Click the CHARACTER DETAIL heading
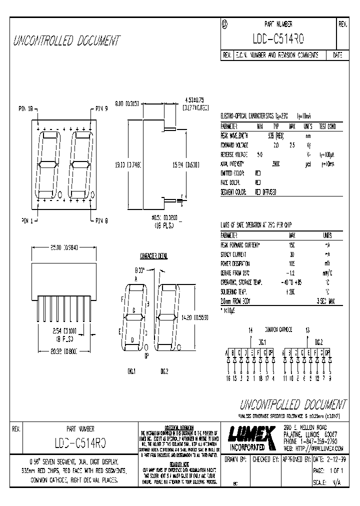pos(154,255)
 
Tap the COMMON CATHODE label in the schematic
pos(277,329)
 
